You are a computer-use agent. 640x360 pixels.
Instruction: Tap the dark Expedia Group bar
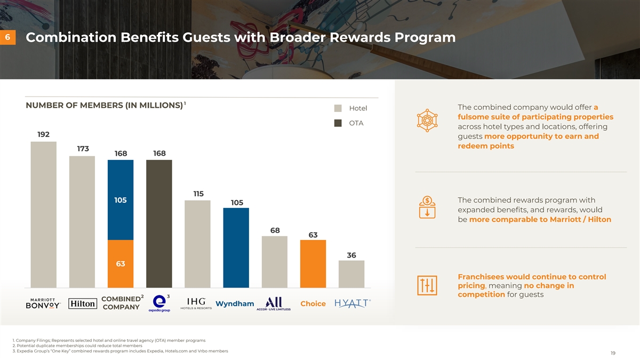coord(159,223)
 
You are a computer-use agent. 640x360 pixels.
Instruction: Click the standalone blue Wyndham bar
coord(236,247)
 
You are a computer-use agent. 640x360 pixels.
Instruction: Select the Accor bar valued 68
coord(275,261)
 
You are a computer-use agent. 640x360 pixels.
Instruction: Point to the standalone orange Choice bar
coord(313,263)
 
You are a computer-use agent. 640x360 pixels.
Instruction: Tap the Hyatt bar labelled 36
coord(351,274)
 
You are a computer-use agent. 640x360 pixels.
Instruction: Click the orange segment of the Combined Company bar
coord(121,263)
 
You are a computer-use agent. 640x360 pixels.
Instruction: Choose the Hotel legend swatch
coord(338,108)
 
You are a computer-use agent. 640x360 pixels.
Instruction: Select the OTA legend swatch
coord(338,123)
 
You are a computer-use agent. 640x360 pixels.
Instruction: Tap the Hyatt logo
coord(353,303)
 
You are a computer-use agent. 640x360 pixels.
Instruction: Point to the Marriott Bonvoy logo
coord(44,303)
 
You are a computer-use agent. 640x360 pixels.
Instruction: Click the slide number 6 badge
coord(7,38)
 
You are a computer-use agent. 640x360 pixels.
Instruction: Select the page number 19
coord(613,353)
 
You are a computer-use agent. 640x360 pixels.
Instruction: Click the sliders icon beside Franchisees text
coord(427,286)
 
